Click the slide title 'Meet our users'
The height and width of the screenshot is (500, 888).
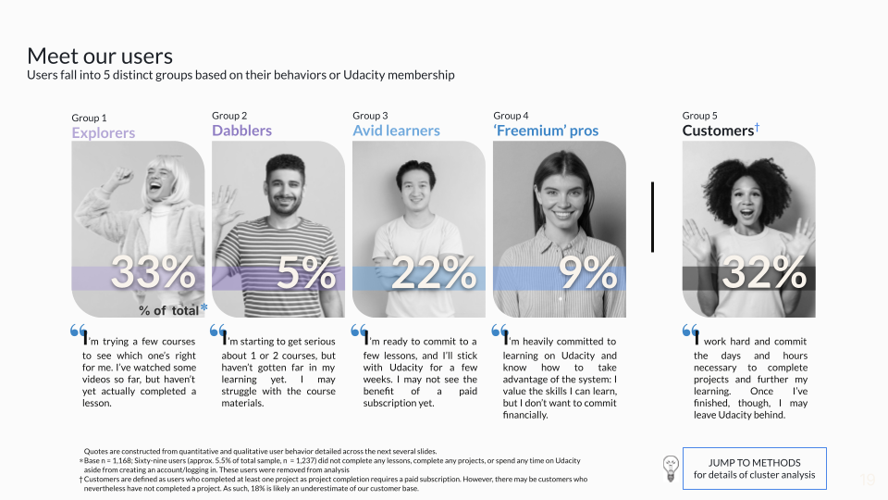pos(100,56)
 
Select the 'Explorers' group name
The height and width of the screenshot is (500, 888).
pos(103,132)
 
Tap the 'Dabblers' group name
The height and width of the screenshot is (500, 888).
pos(241,131)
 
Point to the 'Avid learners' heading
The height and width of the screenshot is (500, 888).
pos(396,131)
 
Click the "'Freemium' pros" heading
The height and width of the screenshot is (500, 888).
pos(546,131)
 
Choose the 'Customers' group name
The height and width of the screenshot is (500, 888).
pos(718,131)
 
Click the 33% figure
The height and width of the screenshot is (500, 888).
pos(153,272)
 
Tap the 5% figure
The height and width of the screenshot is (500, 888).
pos(306,272)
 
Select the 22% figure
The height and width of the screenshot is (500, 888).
pos(433,272)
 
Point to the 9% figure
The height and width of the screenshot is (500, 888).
pos(587,272)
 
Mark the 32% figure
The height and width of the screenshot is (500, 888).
pos(763,272)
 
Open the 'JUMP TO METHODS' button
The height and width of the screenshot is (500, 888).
pos(755,469)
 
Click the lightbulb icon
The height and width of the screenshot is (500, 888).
pos(671,469)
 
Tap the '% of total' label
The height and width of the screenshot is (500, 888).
pos(168,311)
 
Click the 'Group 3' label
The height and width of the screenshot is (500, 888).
pos(370,116)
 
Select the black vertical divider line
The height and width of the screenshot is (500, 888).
pos(652,217)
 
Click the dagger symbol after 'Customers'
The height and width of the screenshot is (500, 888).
pos(757,128)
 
